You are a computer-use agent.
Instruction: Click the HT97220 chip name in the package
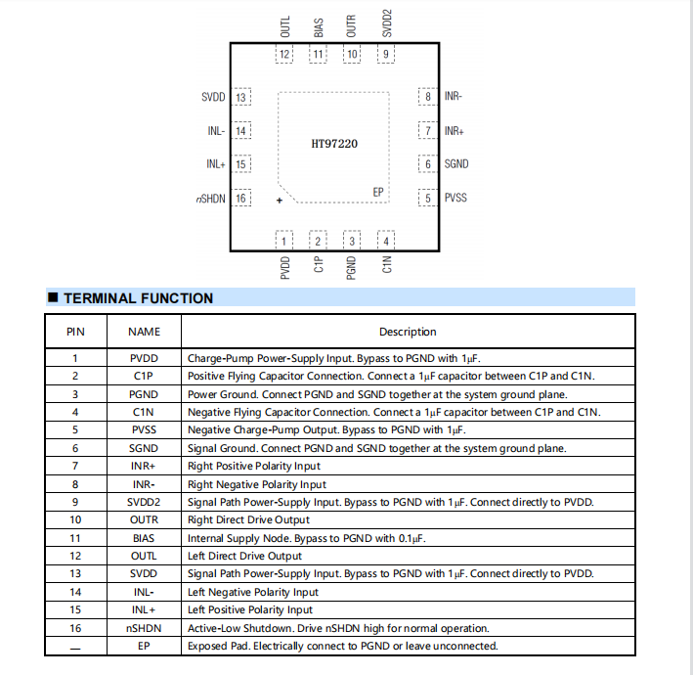334,144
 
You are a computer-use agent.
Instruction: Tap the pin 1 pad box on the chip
284,241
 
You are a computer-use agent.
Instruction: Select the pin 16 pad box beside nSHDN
240,199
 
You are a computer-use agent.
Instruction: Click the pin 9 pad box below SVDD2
385,55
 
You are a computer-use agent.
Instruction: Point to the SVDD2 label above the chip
386,23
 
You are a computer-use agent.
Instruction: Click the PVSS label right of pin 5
455,198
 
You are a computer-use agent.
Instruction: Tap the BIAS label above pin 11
319,27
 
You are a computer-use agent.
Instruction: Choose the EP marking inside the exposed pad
379,192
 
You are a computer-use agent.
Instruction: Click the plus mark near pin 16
280,201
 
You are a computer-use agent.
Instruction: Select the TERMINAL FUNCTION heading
138,298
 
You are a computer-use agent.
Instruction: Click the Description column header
408,332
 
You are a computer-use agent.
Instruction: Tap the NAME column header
144,332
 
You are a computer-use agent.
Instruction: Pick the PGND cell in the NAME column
144,394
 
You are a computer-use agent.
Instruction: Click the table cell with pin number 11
75,538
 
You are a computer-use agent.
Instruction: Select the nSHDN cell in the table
144,628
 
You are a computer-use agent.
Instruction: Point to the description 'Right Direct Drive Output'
248,520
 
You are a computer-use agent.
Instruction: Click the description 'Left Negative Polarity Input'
252,592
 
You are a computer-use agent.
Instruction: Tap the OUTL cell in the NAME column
144,556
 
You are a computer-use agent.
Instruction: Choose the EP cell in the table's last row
144,646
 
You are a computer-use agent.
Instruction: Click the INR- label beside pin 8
454,96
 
